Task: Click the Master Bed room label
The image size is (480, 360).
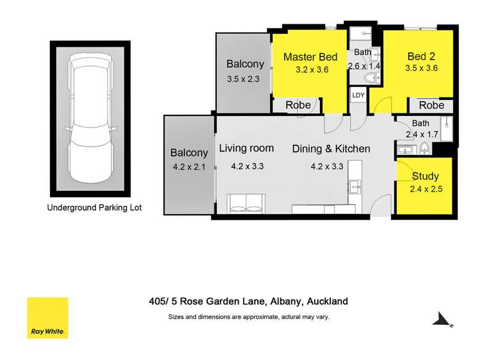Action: (310, 57)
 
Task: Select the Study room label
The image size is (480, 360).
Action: (425, 176)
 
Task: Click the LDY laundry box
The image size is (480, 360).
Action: (358, 95)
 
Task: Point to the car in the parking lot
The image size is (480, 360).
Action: (90, 119)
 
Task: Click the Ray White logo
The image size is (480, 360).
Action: (47, 318)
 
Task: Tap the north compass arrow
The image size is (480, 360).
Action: (442, 319)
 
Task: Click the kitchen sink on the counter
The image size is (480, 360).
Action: (355, 187)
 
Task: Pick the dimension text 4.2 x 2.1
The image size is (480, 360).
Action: (189, 167)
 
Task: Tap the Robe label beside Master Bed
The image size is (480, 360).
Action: (298, 105)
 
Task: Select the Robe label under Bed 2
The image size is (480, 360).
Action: (431, 105)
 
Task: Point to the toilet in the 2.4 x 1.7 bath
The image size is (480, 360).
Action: (423, 148)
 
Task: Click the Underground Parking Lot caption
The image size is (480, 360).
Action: (94, 208)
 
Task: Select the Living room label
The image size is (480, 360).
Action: (246, 148)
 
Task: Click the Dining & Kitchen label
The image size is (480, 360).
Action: (331, 149)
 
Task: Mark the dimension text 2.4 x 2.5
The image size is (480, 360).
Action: (426, 188)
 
